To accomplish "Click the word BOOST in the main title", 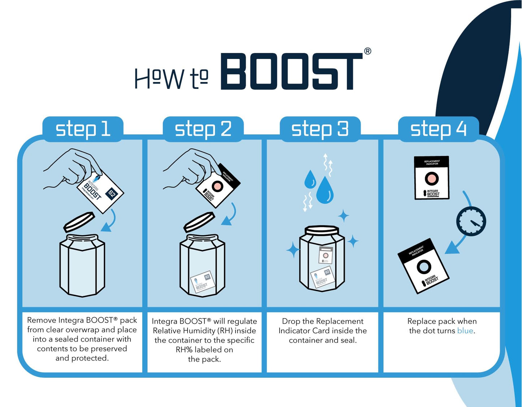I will point(291,72).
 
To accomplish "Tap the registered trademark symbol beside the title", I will point(367,51).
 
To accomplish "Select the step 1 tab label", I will point(83,129).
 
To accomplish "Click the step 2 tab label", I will point(203,129).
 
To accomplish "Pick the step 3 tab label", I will point(320,129).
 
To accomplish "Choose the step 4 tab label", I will point(438,129).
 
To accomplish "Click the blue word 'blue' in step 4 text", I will point(465,331).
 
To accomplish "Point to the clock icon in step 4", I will point(471,221).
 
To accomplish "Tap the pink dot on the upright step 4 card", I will point(431,178).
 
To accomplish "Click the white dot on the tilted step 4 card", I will point(424,267).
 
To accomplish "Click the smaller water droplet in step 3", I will point(310,179).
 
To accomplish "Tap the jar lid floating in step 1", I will point(79,222).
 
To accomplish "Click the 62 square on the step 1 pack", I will point(112,194).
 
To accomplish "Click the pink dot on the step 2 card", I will point(217,186).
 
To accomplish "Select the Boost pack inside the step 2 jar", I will point(202,282).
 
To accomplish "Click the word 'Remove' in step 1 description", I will point(41,320).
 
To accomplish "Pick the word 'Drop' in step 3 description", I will point(291,321).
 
